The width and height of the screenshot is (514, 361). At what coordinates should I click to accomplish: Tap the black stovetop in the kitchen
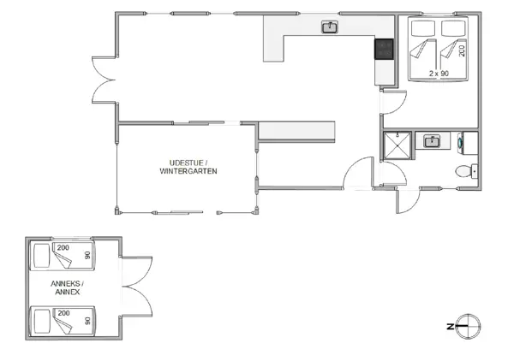(x=384, y=50)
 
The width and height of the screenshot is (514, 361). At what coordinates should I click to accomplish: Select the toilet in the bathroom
(x=464, y=170)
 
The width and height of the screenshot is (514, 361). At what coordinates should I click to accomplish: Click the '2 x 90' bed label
(x=438, y=74)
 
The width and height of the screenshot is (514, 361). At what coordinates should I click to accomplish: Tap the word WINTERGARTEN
(x=188, y=171)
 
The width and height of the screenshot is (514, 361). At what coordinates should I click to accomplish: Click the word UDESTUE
(x=186, y=162)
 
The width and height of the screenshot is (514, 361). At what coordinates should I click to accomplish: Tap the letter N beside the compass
(x=450, y=326)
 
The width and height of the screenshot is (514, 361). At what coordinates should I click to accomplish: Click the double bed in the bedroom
(x=438, y=50)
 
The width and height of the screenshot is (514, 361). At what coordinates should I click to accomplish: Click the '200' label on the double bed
(x=462, y=50)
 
